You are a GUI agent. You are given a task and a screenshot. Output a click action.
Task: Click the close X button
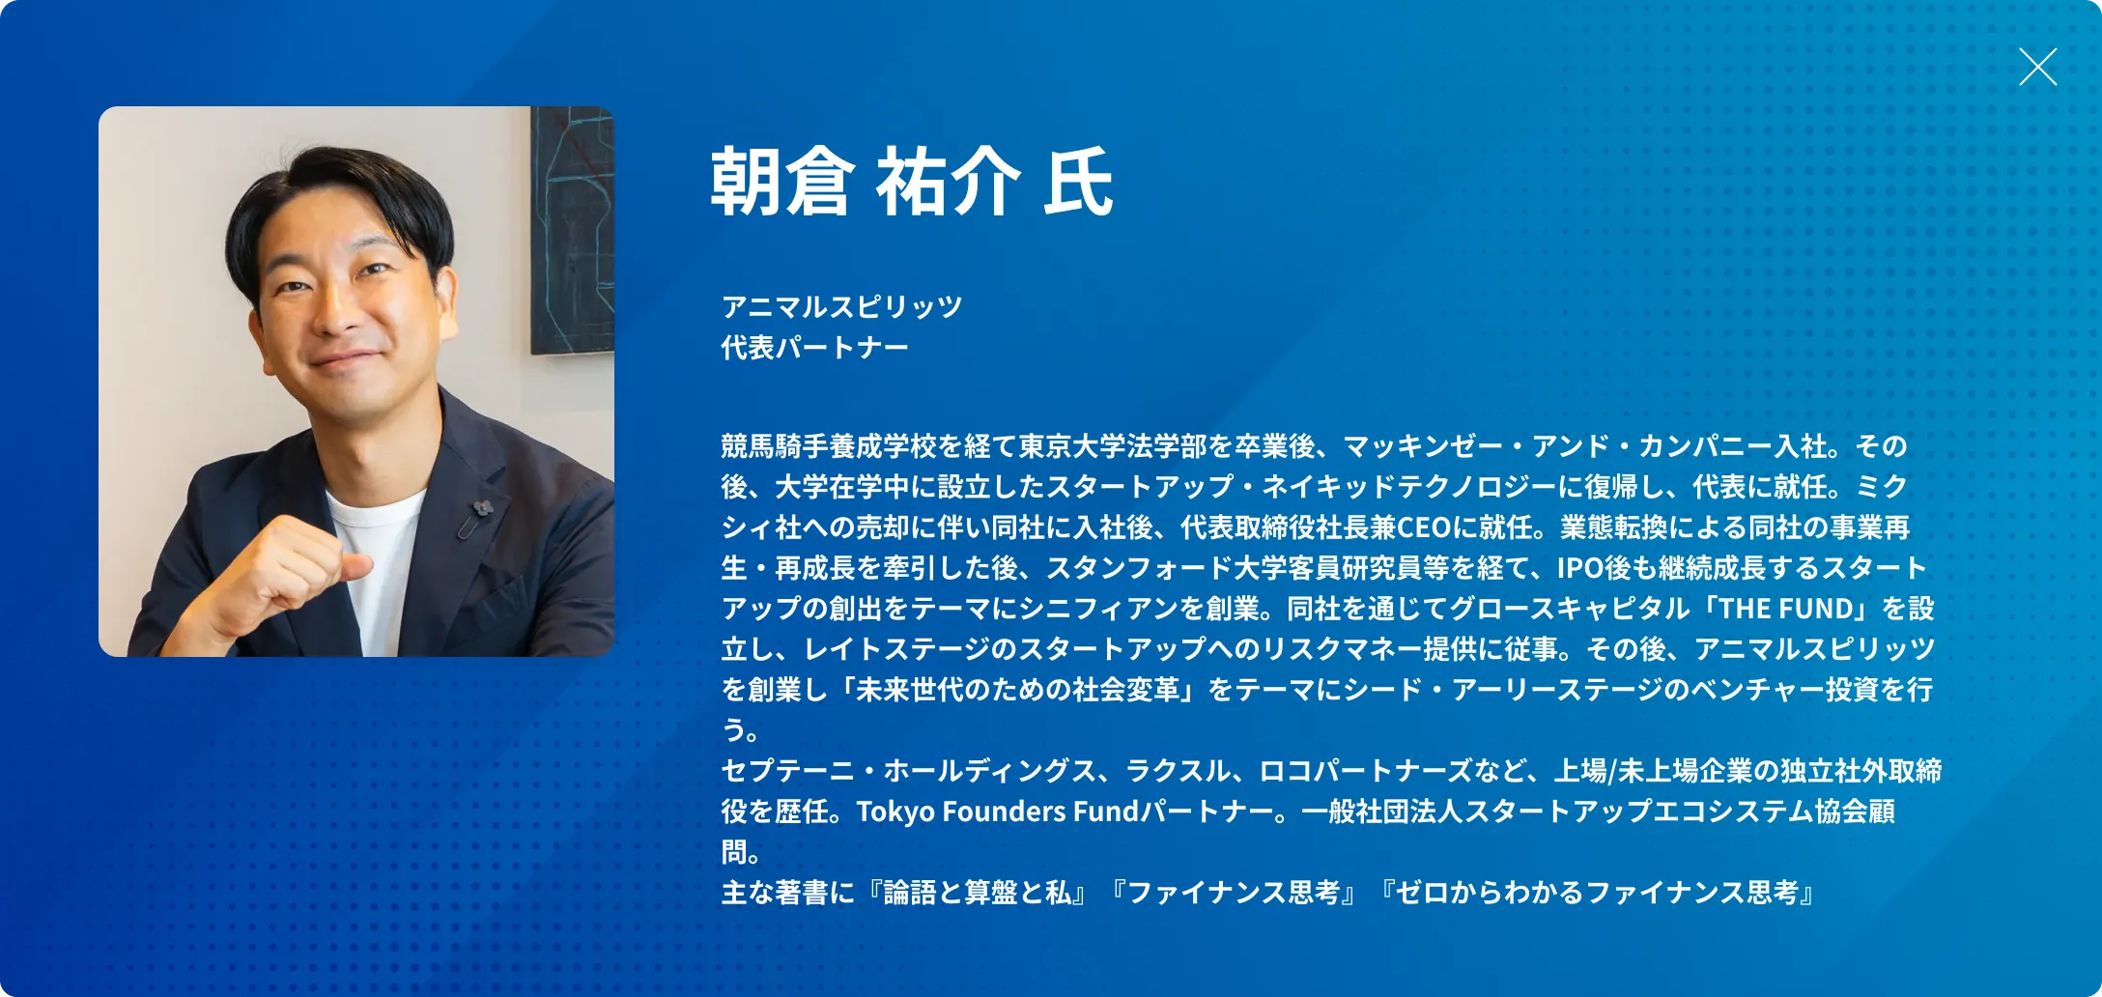point(2037,67)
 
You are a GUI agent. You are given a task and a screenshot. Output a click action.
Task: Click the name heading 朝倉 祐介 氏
point(912,183)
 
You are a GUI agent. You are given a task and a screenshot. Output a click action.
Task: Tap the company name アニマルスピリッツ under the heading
point(841,306)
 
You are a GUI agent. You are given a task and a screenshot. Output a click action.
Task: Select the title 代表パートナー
point(814,347)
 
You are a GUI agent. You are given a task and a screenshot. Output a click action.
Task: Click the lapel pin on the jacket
point(475,518)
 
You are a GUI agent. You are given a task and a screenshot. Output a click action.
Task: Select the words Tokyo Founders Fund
point(997,811)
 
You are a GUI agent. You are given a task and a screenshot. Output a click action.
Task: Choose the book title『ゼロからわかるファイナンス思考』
point(1598,892)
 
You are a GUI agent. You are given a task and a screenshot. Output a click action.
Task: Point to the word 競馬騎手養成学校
point(828,445)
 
